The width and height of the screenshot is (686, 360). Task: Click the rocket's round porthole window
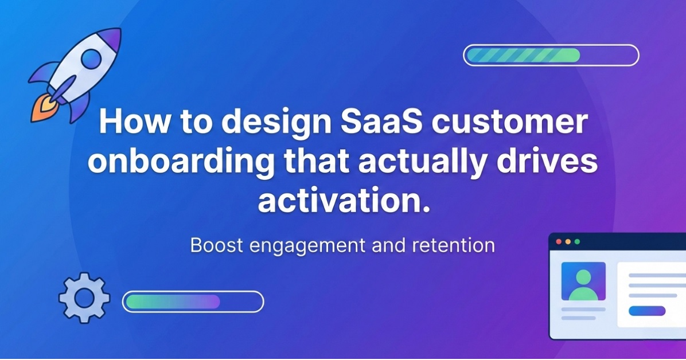coord(90,58)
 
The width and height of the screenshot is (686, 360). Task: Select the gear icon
coord(84,298)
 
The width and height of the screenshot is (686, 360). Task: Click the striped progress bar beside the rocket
coord(551,55)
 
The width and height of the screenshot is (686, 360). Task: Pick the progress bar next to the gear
coord(193,302)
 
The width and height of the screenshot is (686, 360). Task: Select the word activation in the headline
coord(344,201)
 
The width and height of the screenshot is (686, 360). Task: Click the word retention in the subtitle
coord(453,246)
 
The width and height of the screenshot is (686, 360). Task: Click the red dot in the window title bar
coord(558,241)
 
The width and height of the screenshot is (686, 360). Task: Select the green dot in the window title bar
coord(578,241)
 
